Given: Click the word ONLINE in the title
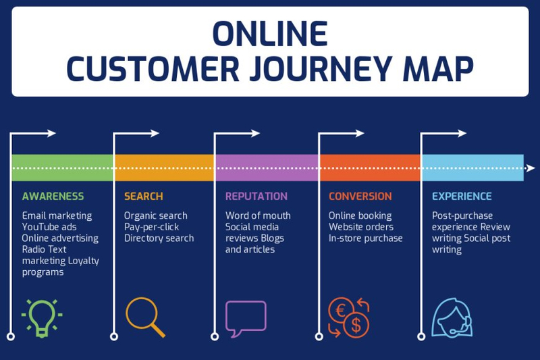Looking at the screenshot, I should (269, 34).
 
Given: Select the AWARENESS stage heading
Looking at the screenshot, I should (53, 197).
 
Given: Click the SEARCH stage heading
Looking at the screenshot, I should (143, 197).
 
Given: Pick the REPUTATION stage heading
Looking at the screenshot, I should (256, 197).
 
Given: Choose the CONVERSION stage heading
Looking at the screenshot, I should (360, 197).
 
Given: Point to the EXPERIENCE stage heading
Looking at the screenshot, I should (462, 197).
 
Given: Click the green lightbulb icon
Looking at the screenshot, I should (42, 316).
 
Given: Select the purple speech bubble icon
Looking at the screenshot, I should (246, 318).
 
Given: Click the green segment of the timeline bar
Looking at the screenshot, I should (63, 168).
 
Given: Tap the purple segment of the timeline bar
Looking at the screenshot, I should (267, 168).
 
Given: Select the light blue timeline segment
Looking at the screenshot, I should (473, 168).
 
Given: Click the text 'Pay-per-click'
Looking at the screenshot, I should (152, 227).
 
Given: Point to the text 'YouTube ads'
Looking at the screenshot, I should (49, 227).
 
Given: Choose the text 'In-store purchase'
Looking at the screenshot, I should (365, 238).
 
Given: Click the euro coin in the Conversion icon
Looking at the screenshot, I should (340, 310).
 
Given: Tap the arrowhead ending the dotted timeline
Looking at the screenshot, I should (531, 168).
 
